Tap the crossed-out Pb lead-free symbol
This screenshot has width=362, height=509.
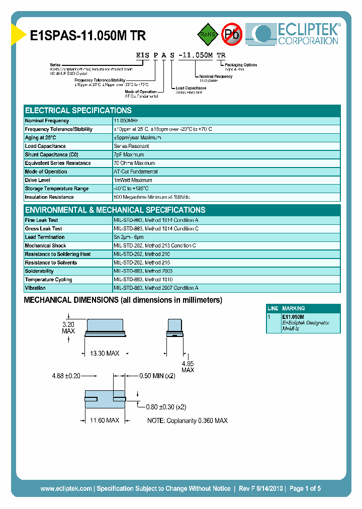click(x=232, y=34)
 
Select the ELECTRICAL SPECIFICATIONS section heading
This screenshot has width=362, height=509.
click(x=78, y=111)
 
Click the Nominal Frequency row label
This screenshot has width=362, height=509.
click(x=47, y=121)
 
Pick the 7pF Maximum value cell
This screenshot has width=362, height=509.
click(x=129, y=155)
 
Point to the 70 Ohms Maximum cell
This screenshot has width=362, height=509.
click(x=134, y=163)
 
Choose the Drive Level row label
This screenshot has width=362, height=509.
click(x=38, y=180)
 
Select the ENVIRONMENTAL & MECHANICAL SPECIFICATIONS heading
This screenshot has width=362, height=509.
click(x=115, y=210)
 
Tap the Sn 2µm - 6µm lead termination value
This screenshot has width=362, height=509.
click(x=129, y=237)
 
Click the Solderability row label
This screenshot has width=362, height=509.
click(x=39, y=271)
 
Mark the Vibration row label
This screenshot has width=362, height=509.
click(x=35, y=288)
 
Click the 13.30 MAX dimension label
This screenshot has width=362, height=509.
click(x=105, y=354)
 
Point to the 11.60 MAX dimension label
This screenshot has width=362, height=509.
click(x=105, y=420)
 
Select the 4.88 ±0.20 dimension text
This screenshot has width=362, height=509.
click(x=66, y=375)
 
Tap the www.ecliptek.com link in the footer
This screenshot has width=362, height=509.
click(x=66, y=488)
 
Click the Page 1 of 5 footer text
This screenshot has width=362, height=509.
click(x=305, y=488)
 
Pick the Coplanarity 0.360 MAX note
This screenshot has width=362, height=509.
click(x=187, y=420)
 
